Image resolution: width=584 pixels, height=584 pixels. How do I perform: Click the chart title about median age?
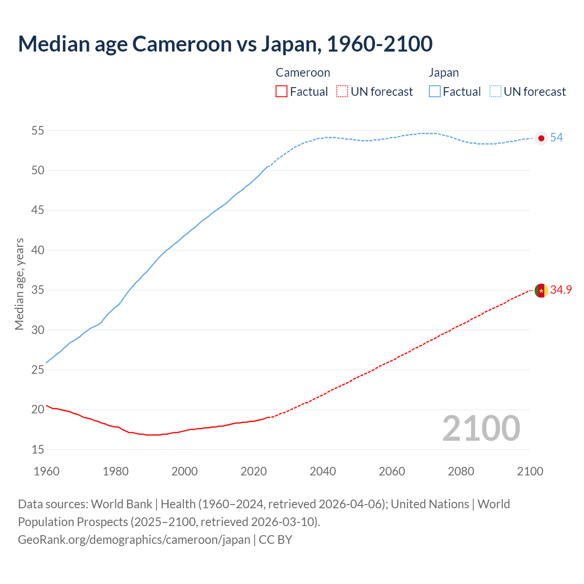(x=225, y=44)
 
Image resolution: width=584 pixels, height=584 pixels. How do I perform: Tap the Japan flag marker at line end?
(x=541, y=138)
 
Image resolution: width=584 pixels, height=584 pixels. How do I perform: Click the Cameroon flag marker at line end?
(x=541, y=290)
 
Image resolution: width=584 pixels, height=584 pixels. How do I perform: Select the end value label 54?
(x=557, y=138)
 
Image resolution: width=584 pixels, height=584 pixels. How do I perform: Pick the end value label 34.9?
(x=561, y=290)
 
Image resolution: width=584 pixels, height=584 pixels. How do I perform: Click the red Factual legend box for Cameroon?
(x=282, y=92)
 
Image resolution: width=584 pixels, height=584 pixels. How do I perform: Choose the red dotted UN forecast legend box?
(x=342, y=92)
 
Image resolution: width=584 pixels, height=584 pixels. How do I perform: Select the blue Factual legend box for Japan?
(x=435, y=92)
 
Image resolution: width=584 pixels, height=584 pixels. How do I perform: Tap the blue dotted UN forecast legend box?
(x=495, y=92)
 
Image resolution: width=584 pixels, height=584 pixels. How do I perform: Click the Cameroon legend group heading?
(x=303, y=73)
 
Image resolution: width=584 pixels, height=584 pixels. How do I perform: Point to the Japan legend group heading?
(x=443, y=73)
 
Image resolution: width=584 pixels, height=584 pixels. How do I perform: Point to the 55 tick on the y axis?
(x=37, y=131)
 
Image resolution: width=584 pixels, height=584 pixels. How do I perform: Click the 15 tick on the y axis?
(x=37, y=449)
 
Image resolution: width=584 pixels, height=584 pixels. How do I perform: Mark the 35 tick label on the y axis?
(x=37, y=290)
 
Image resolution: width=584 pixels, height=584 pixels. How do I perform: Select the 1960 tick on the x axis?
(x=47, y=471)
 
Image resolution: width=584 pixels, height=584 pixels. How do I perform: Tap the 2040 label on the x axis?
(x=323, y=471)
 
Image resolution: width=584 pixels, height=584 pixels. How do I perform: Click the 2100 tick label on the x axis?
(x=530, y=471)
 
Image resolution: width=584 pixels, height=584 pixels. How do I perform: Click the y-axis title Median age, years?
(x=19, y=284)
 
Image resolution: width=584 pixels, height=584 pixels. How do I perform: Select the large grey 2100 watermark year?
(x=481, y=428)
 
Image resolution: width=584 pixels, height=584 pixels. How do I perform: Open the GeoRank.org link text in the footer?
(x=134, y=540)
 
